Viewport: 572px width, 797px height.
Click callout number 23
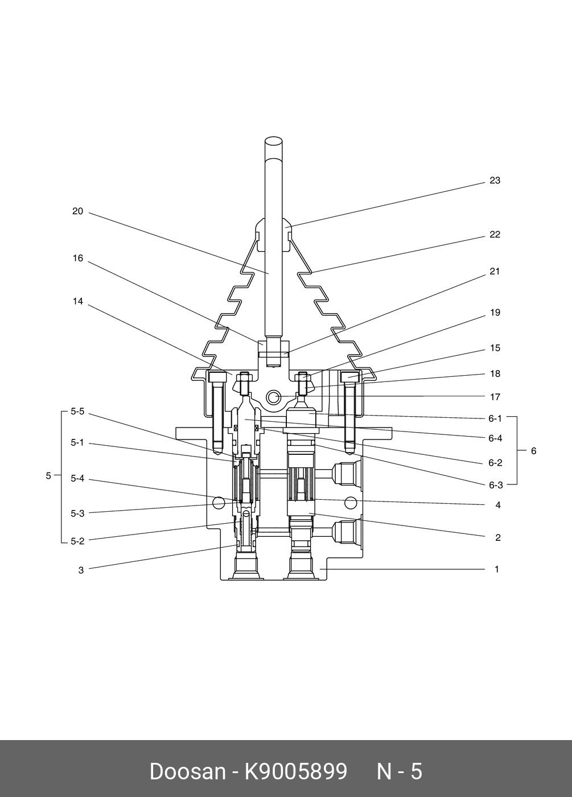pos(495,181)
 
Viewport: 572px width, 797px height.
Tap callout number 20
pos(77,211)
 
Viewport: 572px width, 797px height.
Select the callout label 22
pos(495,235)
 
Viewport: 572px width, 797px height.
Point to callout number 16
pos(78,258)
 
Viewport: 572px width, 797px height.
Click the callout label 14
pos(78,301)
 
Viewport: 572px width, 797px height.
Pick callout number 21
pos(495,272)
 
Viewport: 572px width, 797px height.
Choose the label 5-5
pos(77,412)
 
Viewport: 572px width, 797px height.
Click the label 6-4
pos(495,438)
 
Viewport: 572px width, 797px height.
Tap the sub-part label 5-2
pos(77,541)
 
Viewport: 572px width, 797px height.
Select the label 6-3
pos(496,485)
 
